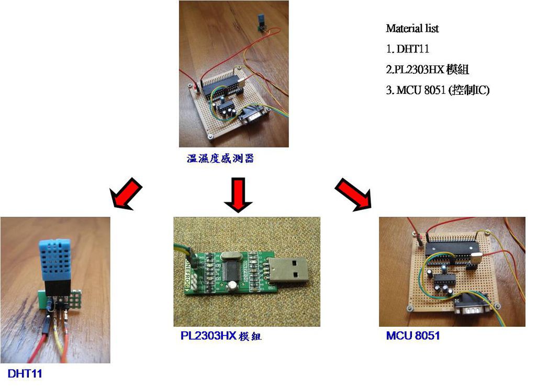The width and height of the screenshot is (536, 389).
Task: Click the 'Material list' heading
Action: (x=412, y=28)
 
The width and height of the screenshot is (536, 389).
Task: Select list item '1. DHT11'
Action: (x=407, y=49)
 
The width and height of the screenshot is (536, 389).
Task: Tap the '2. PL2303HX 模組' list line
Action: (x=427, y=70)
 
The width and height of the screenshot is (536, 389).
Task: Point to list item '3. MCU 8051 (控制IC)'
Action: (x=438, y=90)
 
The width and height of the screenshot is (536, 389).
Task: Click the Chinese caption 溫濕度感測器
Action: (x=220, y=158)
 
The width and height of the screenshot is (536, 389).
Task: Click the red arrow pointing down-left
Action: (x=126, y=193)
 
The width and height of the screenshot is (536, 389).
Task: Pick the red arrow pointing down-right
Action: (x=353, y=194)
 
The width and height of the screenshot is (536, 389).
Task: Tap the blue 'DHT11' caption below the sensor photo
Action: (x=25, y=373)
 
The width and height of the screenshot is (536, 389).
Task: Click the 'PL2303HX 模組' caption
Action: (x=221, y=336)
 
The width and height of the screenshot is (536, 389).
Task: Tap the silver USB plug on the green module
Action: (x=288, y=270)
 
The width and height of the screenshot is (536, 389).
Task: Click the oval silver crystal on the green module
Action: (x=231, y=255)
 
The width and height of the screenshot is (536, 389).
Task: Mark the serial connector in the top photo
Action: (x=254, y=115)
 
